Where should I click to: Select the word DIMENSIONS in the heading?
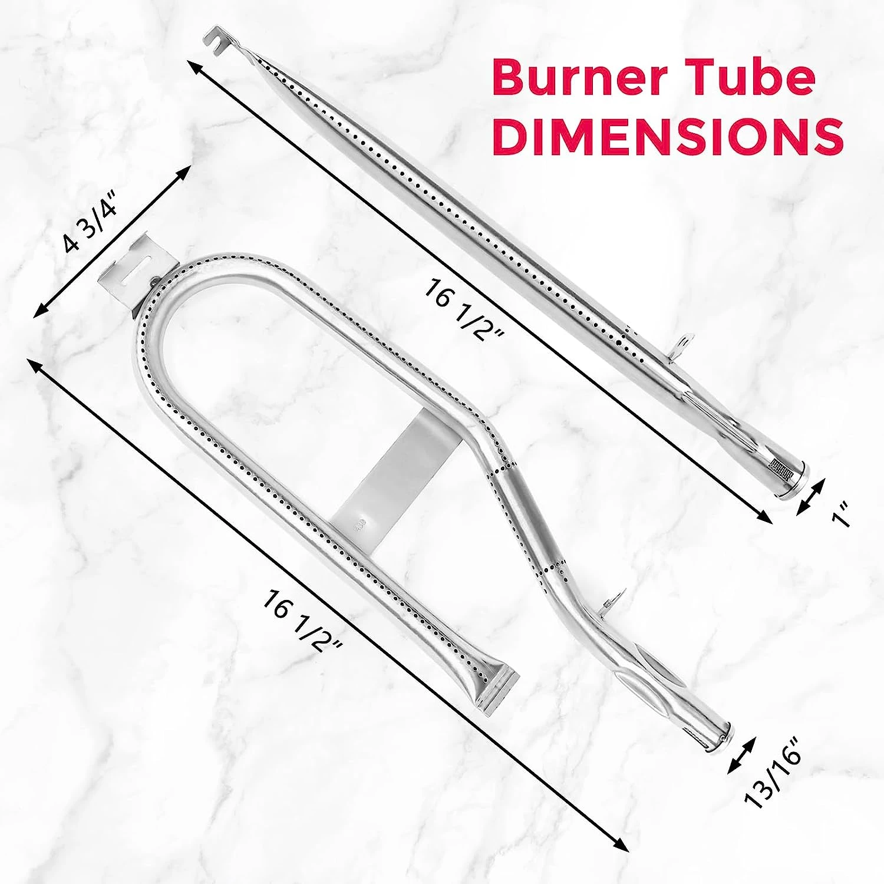[668, 137]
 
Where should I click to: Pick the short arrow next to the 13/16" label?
[741, 756]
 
